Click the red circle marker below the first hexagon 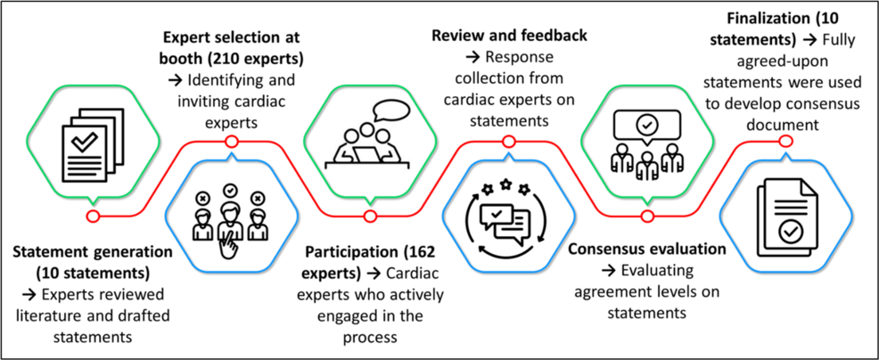92,216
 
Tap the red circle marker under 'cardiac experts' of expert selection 231,142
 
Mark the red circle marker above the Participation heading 368,216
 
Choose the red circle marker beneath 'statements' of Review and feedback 508,141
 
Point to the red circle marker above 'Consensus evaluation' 647,216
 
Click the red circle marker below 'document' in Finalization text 785,141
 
